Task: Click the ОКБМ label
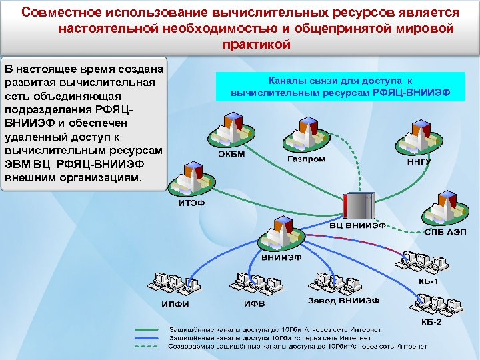click(x=230, y=155)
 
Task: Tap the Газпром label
click(x=306, y=160)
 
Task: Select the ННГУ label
click(x=419, y=161)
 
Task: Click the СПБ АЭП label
click(x=445, y=231)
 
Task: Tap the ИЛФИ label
click(x=176, y=305)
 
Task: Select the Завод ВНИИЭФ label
click(x=343, y=301)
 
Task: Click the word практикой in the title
click(x=256, y=45)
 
